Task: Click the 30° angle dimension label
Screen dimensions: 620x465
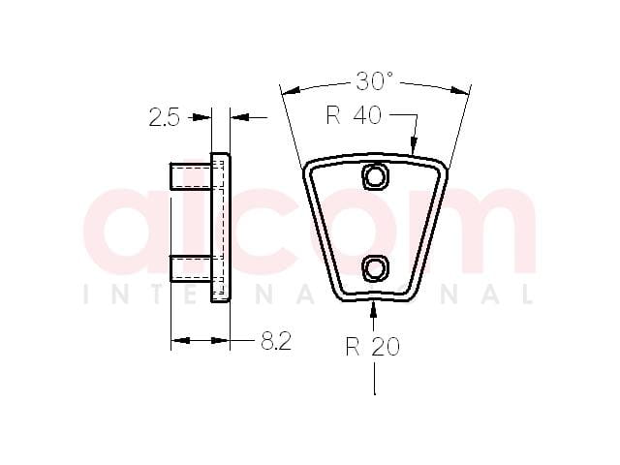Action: (374, 81)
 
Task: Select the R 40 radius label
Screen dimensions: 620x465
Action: (354, 115)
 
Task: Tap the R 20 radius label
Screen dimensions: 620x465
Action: (372, 347)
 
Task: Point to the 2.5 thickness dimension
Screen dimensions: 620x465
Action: (164, 117)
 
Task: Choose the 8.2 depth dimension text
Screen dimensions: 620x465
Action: (276, 340)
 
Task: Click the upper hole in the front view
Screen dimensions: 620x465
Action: (374, 176)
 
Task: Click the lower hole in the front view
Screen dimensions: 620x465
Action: (374, 269)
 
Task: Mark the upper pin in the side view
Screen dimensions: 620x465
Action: (190, 176)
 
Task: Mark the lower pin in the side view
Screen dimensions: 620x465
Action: (190, 269)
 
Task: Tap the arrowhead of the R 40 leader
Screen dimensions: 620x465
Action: (414, 145)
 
